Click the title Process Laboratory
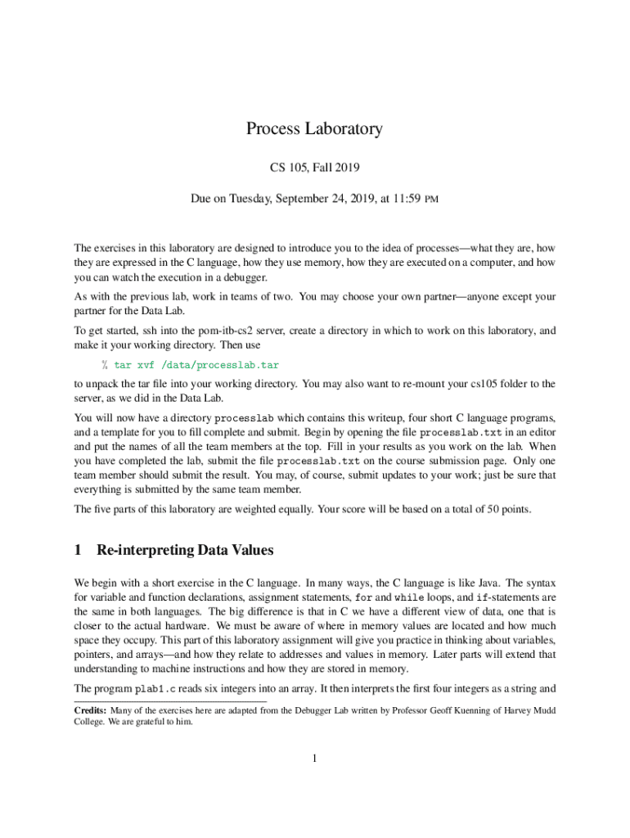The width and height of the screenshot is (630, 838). (x=314, y=128)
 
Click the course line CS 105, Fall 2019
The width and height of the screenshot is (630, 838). (x=314, y=168)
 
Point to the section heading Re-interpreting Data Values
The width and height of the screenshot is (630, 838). (x=185, y=550)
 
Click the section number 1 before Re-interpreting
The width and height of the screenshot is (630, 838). (x=78, y=550)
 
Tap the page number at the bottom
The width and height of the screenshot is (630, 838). (x=314, y=758)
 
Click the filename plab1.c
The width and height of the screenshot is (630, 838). (x=155, y=689)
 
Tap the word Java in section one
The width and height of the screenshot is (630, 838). (x=480, y=583)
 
